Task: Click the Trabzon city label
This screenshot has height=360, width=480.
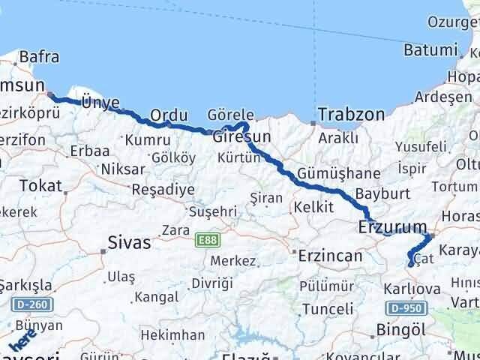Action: click(351, 115)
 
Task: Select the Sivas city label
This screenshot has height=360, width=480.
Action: click(130, 243)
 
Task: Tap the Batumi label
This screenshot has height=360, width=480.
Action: click(430, 50)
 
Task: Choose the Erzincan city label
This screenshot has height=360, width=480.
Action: click(329, 256)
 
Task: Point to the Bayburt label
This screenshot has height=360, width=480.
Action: click(382, 193)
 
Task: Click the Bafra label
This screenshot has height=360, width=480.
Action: click(39, 56)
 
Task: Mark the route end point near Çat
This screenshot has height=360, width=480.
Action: click(410, 264)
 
